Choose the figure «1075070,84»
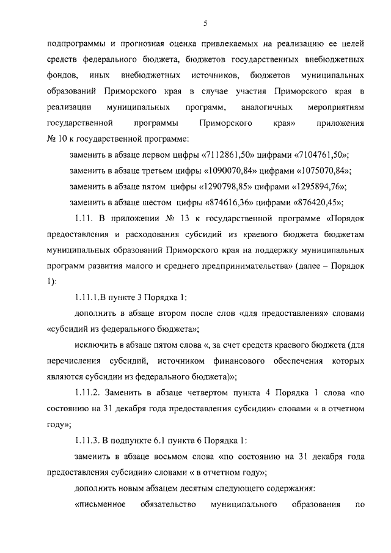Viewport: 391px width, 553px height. (325, 170)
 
